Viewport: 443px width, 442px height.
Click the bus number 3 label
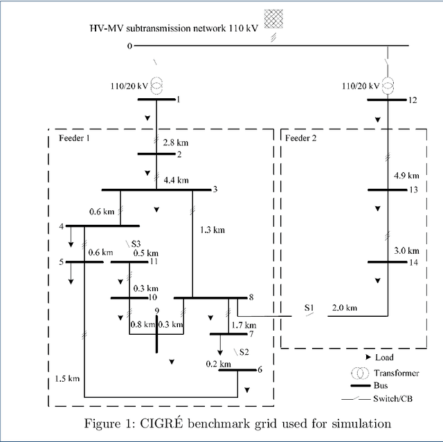pyautogui.click(x=215, y=190)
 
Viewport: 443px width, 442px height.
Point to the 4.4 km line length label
pyautogui.click(x=176, y=181)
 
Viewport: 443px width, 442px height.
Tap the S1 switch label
pyautogui.click(x=308, y=307)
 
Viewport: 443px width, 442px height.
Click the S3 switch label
pyautogui.click(x=136, y=243)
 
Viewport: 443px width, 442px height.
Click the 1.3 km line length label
pyautogui.click(x=212, y=229)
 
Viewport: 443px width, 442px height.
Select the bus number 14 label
pyautogui.click(x=413, y=263)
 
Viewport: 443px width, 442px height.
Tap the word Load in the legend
pyautogui.click(x=384, y=358)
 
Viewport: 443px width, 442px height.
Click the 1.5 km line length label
pyautogui.click(x=67, y=379)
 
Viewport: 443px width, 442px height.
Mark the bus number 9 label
pyautogui.click(x=157, y=311)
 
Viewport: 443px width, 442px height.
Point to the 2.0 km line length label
pyautogui.click(x=344, y=307)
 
